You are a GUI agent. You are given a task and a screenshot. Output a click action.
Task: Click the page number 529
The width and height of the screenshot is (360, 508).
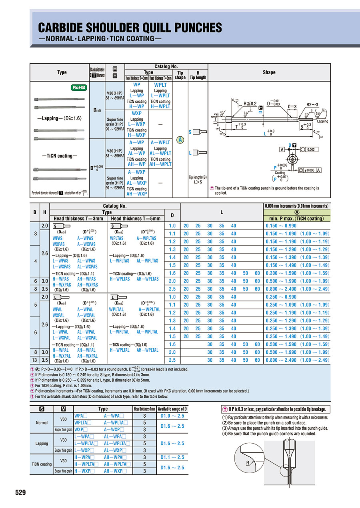point(20,492)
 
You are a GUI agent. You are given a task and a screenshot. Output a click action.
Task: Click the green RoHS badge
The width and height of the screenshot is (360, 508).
point(79,88)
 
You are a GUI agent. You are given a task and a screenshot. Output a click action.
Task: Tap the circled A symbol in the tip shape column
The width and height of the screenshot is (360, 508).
point(180,140)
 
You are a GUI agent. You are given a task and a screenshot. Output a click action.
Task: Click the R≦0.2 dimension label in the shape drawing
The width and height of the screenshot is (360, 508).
point(250,104)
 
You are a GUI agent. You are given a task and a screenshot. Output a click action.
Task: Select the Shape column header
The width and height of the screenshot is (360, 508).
point(269,72)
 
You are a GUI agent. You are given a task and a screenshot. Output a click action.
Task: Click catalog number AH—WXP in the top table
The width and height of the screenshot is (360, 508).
point(136,194)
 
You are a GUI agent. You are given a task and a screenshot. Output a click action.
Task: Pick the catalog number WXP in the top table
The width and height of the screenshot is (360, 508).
point(136,114)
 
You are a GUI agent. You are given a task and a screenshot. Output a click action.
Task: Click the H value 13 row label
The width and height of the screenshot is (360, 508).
point(35,360)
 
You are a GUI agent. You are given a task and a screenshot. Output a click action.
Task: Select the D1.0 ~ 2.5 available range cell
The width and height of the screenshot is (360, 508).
point(173,416)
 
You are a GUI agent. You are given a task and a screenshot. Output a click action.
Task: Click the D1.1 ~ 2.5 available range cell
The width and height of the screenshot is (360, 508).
point(173,457)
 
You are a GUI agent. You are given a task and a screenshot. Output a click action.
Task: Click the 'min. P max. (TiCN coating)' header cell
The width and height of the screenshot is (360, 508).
point(297,219)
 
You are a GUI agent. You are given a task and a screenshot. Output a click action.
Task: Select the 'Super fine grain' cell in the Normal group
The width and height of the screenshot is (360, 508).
point(63,430)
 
